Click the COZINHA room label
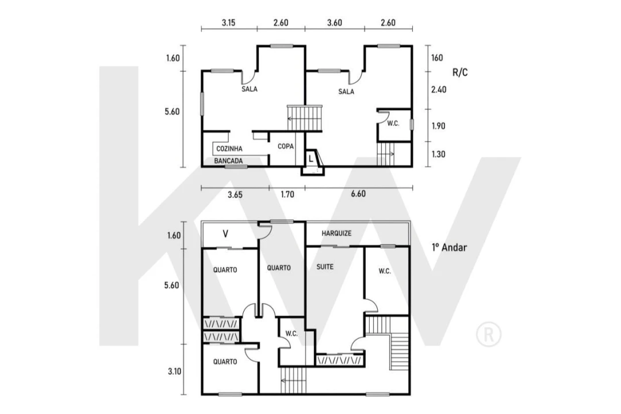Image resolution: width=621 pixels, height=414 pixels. [x=229, y=149]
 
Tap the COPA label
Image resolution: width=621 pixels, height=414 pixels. [x=286, y=147]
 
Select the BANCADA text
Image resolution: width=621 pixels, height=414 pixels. [x=228, y=161]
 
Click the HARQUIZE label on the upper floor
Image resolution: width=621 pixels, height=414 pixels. [x=336, y=233]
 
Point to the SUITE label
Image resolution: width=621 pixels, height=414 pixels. [x=325, y=267]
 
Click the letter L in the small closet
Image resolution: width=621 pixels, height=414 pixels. [x=311, y=159]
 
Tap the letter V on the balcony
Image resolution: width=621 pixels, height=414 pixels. [x=225, y=234]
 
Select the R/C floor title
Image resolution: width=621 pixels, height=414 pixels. [x=460, y=72]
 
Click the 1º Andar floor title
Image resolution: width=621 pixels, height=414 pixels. [x=450, y=248]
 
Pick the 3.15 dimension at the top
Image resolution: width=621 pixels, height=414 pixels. [x=228, y=22]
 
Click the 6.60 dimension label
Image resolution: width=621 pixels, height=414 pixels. [x=358, y=194]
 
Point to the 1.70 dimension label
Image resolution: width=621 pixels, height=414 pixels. [x=287, y=194]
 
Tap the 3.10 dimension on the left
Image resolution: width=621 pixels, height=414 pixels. [x=175, y=371]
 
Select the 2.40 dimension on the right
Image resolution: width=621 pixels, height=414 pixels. [x=439, y=90]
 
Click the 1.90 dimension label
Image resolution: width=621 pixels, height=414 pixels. [x=438, y=126]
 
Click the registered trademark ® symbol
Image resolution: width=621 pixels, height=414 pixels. [x=489, y=335]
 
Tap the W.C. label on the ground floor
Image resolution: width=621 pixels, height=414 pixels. [x=393, y=124]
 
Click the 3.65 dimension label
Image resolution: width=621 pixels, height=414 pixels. [x=235, y=195]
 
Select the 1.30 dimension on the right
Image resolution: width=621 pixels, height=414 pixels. [x=438, y=155]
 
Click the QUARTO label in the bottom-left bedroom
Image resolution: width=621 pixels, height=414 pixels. [x=225, y=362]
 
